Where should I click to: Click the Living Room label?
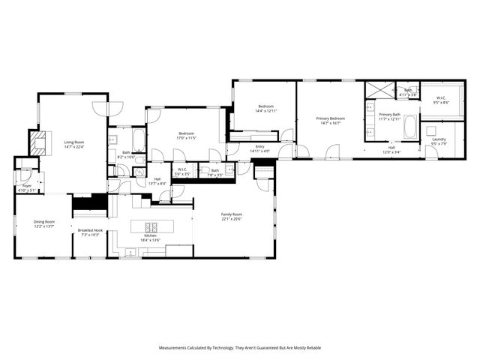click(x=73, y=142)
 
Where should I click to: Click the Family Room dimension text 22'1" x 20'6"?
click(x=232, y=218)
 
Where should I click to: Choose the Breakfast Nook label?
click(x=89, y=230)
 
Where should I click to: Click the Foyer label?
click(x=26, y=185)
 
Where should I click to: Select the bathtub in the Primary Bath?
click(x=411, y=127)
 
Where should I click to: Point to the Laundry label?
click(x=439, y=139)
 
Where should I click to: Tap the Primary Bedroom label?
click(x=330, y=118)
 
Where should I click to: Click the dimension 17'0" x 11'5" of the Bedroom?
click(x=186, y=138)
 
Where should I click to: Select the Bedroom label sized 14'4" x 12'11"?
click(x=267, y=111)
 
